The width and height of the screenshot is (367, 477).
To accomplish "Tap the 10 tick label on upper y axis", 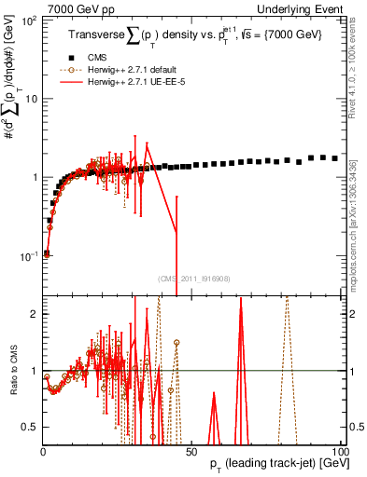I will (x=31, y=98).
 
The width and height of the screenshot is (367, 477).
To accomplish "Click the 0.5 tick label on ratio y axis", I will (x=31, y=427).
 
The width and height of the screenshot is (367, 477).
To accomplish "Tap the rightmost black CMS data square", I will (x=335, y=158).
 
